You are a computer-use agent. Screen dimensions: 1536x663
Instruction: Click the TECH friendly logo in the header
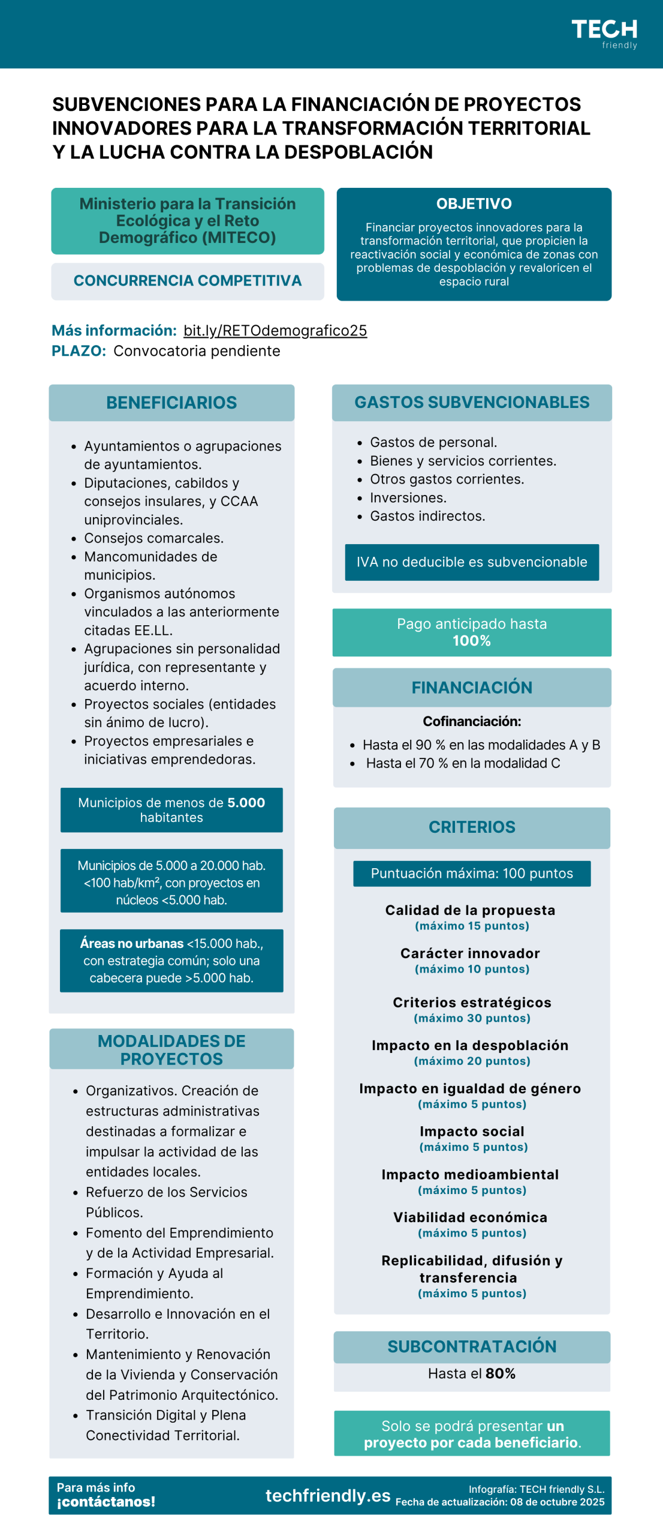coord(604,34)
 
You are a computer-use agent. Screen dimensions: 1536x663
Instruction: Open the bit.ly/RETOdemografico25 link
coord(275,330)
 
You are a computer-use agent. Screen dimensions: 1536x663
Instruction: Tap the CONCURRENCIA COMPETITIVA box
coord(187,281)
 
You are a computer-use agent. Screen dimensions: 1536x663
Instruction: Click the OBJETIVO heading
coord(474,204)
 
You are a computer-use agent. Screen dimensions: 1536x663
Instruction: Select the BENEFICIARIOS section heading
coord(171,403)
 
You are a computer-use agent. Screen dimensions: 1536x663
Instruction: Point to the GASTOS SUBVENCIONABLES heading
coord(472,402)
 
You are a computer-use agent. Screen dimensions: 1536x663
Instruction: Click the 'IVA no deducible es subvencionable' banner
coord(472,562)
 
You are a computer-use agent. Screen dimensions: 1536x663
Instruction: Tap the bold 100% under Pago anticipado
coord(472,641)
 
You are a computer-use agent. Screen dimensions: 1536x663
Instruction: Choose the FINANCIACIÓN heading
coord(472,688)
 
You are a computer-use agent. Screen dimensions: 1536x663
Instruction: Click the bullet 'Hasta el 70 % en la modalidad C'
coord(463,763)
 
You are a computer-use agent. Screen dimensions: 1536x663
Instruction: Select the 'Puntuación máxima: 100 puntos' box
coord(472,874)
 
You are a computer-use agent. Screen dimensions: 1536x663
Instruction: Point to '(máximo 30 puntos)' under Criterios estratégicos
coord(472,1018)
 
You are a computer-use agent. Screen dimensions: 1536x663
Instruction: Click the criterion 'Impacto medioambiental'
coord(470,1175)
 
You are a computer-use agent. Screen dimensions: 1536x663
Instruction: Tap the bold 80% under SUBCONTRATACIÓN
coord(501,1373)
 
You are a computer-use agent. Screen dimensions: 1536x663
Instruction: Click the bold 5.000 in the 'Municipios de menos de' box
coord(246,803)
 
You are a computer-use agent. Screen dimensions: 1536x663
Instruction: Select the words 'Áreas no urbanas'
coord(132,943)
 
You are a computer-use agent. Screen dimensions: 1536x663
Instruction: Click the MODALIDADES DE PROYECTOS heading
coord(171,1049)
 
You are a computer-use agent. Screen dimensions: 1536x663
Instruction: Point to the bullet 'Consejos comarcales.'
coord(153,538)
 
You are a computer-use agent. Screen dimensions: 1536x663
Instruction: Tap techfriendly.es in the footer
coord(328,1496)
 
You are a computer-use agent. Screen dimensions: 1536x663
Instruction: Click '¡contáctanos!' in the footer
coord(106,1502)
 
